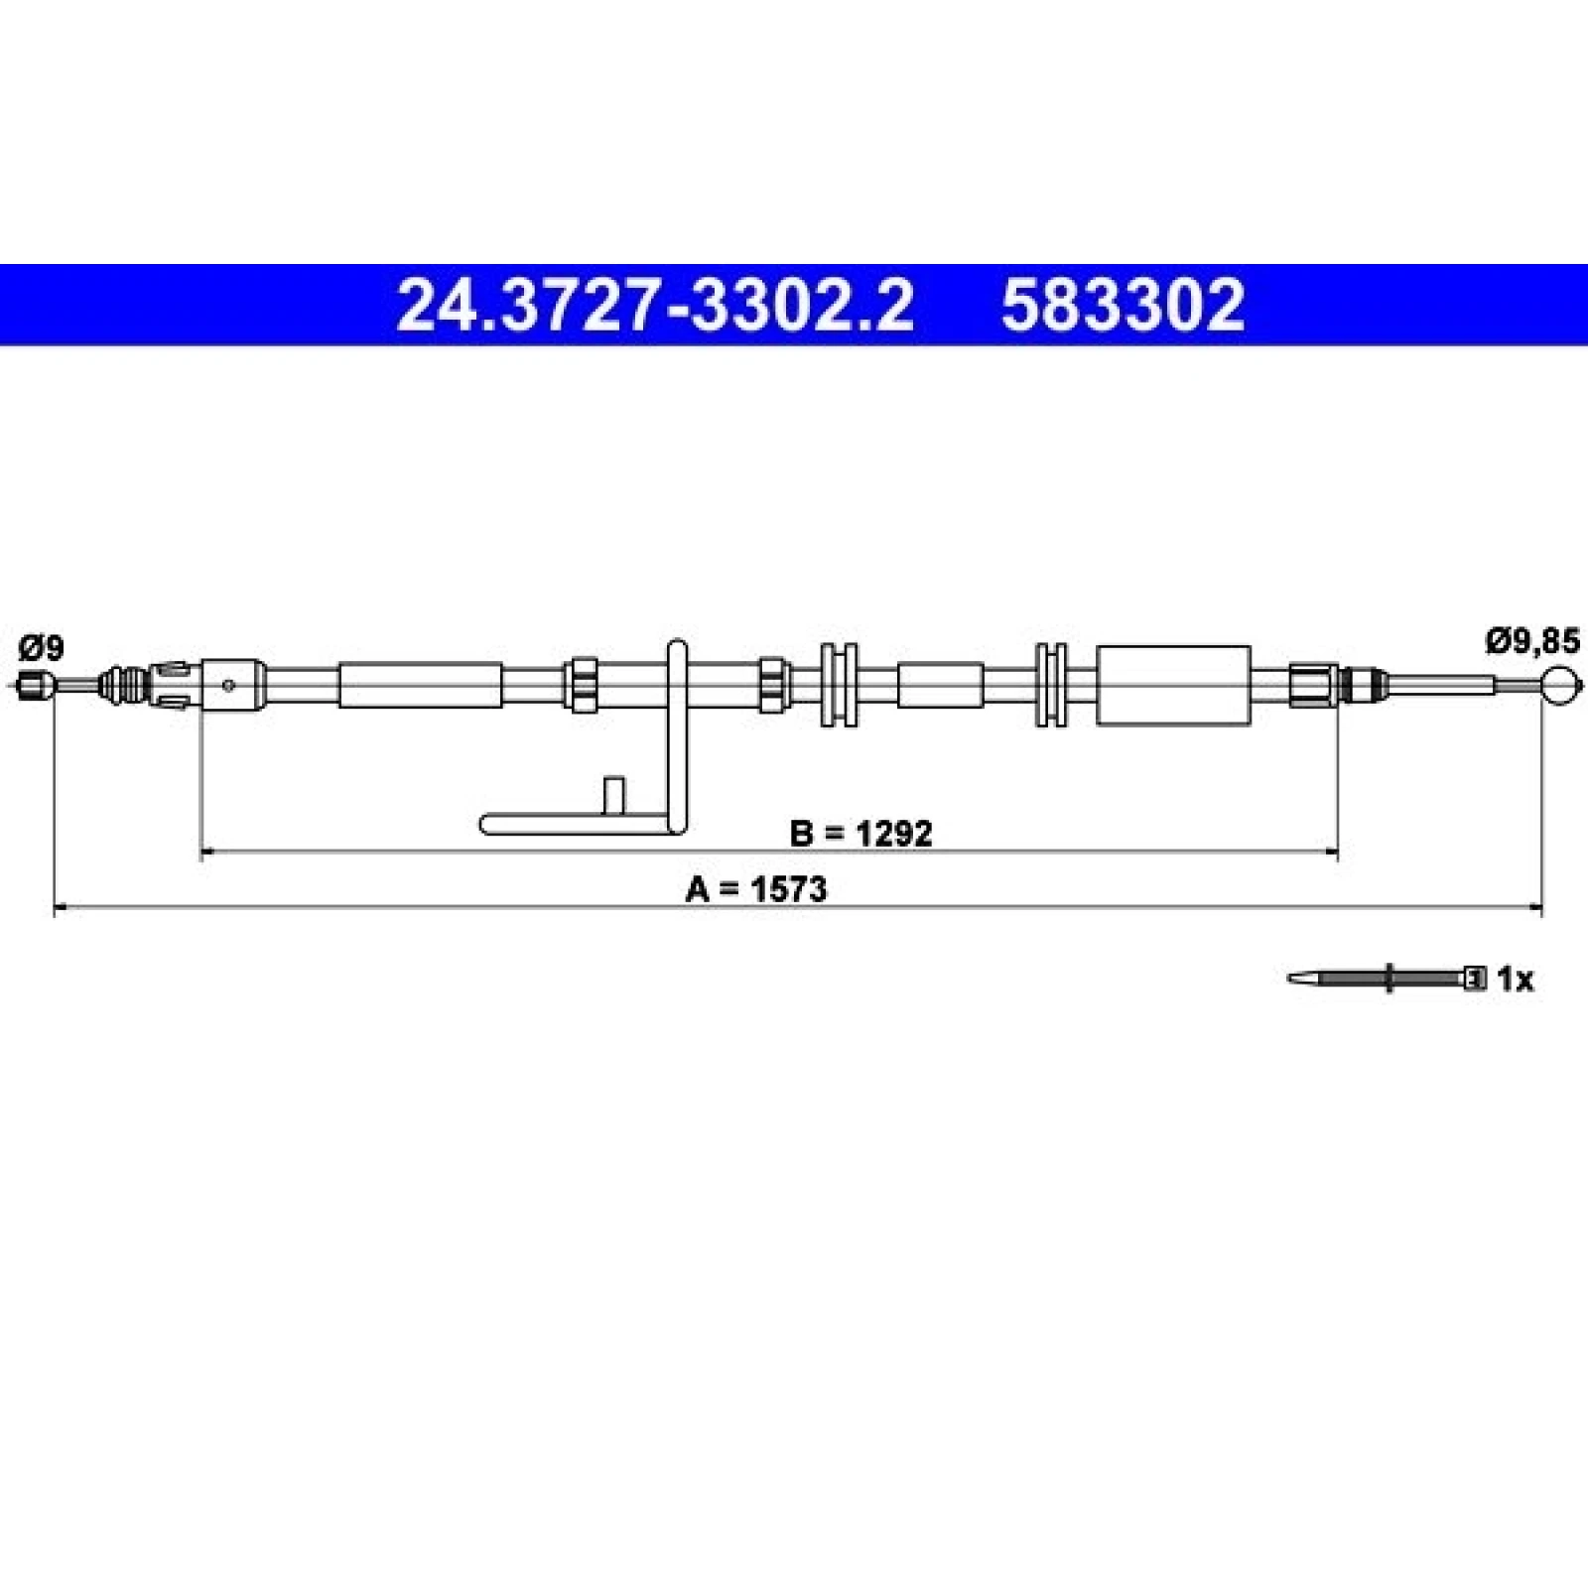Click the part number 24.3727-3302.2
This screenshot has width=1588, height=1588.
654,306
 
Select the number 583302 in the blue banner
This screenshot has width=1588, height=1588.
1123,306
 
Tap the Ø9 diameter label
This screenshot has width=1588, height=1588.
42,648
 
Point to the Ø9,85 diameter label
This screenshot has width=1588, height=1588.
1531,642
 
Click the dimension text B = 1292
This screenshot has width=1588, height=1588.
861,834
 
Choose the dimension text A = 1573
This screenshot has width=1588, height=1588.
755,889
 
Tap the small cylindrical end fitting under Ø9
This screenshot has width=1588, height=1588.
34,685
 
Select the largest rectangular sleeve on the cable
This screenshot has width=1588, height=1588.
1173,685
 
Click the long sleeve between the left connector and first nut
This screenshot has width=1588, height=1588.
420,685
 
